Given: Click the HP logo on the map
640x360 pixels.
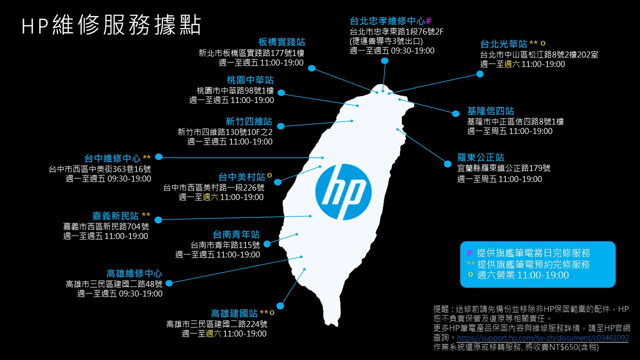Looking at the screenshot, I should click(343, 191).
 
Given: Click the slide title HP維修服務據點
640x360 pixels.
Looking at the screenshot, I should click(111, 25).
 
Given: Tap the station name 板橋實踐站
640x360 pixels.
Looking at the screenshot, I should click(281, 42).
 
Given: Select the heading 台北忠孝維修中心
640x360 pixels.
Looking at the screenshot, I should click(387, 21).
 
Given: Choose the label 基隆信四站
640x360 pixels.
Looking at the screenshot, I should click(490, 111).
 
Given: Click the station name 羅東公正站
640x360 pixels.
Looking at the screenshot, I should click(480, 157).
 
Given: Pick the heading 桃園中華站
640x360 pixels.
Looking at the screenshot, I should click(250, 80).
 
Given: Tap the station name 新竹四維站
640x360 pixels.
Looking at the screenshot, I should click(248, 121).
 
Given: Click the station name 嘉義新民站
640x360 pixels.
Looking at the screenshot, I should click(115, 216).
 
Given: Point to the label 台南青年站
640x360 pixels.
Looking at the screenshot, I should click(236, 234).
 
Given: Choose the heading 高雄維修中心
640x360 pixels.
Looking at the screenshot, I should click(134, 273).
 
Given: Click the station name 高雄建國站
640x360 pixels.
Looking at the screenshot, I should click(234, 313).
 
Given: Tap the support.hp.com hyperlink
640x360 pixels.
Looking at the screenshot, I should click(543, 338).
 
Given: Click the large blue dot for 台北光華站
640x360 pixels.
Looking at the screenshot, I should click(480, 74).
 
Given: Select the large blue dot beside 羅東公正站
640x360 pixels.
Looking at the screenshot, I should click(447, 163).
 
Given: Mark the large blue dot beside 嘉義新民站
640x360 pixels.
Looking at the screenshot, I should click(158, 220).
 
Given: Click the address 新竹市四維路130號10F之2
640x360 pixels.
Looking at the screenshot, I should click(225, 132).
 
